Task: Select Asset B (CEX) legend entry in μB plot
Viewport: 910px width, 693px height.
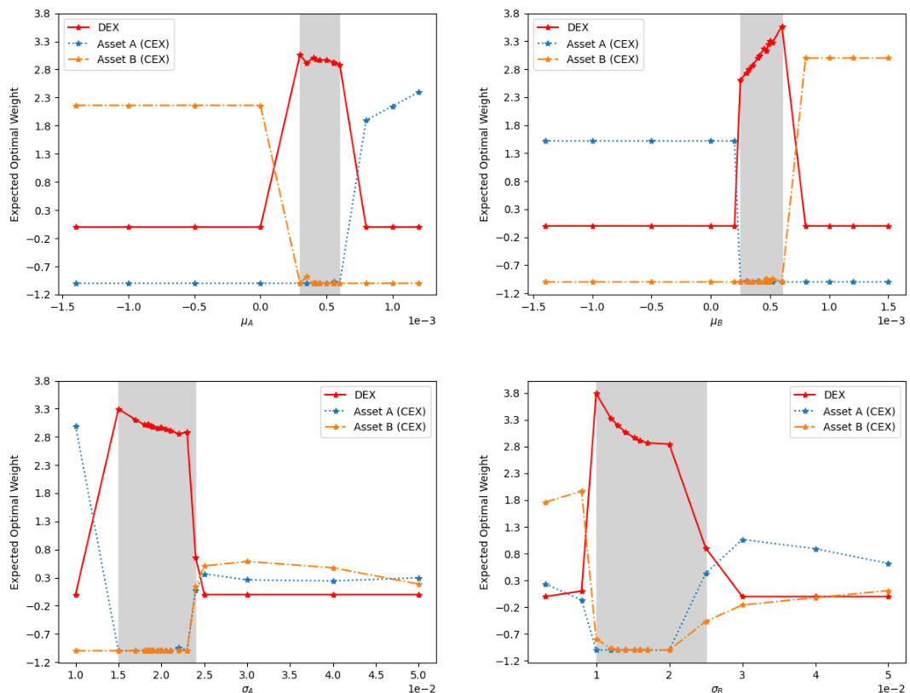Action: point(602,59)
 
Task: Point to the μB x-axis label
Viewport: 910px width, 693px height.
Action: point(717,321)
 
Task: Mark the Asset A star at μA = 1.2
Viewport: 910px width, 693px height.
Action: point(418,92)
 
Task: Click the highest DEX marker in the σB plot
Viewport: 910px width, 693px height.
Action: point(596,394)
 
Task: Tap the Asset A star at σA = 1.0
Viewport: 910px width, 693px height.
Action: point(76,426)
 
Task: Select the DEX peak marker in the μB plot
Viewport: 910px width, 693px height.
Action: point(782,26)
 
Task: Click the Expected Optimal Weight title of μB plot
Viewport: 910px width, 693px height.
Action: point(484,154)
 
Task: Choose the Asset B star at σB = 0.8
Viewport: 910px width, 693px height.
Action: point(582,491)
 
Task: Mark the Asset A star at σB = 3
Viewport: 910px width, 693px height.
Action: point(742,540)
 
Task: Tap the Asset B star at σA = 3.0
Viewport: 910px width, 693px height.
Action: point(247,561)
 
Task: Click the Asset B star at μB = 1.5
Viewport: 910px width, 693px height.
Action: point(888,58)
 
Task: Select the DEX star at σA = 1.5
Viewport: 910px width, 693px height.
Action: point(118,409)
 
